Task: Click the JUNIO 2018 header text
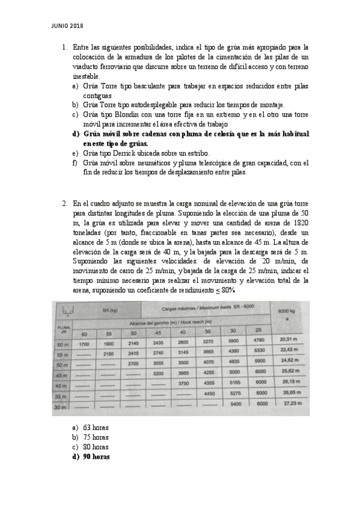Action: point(67,25)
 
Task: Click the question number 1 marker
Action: point(64,47)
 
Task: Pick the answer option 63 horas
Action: point(96,428)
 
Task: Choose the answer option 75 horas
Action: point(96,437)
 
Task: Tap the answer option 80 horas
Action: point(96,447)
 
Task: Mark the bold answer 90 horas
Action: point(96,456)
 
